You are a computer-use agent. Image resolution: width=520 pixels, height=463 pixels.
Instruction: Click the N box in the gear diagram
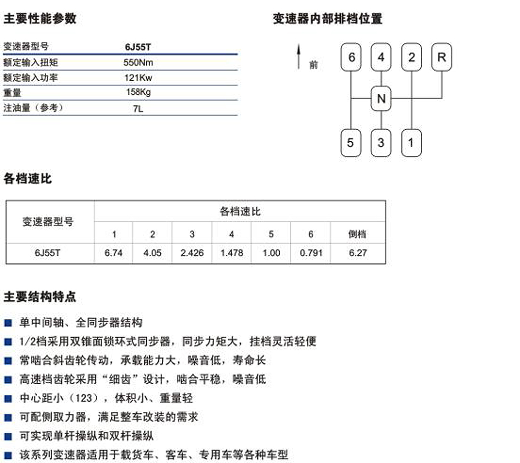tap(381, 99)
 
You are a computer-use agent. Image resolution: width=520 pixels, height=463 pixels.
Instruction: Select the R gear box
tap(441, 57)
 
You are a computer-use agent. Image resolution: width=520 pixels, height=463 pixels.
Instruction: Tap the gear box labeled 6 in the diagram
tap(351, 57)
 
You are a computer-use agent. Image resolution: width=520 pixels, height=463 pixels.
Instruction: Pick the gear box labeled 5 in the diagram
tap(351, 143)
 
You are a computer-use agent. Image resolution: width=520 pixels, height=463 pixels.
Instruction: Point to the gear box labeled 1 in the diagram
tap(411, 143)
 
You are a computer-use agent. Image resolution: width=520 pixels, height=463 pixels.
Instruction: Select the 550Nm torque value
tap(138, 62)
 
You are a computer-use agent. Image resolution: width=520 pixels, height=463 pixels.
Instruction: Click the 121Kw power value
tap(138, 77)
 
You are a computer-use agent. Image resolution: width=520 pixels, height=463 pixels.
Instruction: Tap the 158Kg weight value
tap(138, 92)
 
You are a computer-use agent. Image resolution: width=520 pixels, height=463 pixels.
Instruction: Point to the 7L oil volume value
tap(138, 108)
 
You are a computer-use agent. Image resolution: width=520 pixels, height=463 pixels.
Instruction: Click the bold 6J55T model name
tap(138, 47)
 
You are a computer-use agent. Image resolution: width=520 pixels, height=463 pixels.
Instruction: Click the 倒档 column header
tap(357, 234)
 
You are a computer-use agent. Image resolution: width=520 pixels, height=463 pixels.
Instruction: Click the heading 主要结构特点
tap(40, 297)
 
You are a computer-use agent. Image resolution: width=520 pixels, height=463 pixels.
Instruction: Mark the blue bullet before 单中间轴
tap(8, 323)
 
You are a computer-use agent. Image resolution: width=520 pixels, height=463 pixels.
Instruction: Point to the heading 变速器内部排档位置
tap(327, 19)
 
